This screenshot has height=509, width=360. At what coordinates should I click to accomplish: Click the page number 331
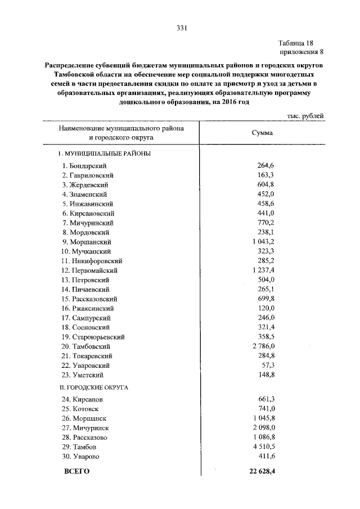point(181,28)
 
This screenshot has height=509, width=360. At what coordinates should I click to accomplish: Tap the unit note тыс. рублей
point(305,115)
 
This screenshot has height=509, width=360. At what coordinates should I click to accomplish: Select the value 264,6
point(265,165)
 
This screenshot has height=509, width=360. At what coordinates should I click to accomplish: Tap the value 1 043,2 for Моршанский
point(263,242)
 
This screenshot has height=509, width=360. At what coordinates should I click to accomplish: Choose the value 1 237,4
point(263,270)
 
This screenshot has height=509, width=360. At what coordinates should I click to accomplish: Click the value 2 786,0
point(263,346)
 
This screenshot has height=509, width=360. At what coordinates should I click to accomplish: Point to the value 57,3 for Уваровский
point(268,365)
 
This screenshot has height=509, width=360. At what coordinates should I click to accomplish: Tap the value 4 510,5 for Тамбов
point(263,447)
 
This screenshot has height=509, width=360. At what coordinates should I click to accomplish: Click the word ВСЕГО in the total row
point(77,472)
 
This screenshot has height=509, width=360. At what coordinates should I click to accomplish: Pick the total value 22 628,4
point(260,471)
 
